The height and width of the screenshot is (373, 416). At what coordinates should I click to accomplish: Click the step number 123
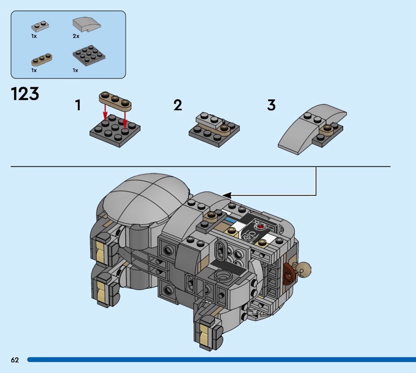(x=25, y=94)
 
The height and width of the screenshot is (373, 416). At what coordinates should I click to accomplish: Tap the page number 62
(x=15, y=359)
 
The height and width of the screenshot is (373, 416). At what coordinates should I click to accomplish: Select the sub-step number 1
(x=77, y=105)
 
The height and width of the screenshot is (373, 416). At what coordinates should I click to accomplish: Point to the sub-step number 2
(x=178, y=105)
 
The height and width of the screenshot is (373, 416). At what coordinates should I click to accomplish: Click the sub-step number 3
(x=271, y=105)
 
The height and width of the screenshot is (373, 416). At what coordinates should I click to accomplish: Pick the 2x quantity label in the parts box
(x=76, y=36)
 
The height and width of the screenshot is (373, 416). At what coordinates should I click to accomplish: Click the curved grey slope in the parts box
(x=87, y=25)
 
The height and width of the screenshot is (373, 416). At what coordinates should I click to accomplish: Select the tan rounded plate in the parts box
(x=42, y=60)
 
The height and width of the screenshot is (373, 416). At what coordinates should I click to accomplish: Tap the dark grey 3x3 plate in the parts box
(x=89, y=56)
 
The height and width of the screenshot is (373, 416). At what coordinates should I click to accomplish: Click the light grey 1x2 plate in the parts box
(x=40, y=26)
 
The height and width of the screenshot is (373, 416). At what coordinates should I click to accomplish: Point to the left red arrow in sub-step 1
(x=106, y=113)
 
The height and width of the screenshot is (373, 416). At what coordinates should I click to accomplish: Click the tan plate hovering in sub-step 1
(x=115, y=101)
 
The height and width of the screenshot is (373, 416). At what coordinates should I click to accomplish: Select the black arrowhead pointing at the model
(x=227, y=196)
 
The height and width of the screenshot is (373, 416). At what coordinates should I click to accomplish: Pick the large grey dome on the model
(x=146, y=196)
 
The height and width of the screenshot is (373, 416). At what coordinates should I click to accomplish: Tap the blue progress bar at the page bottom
(x=222, y=359)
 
